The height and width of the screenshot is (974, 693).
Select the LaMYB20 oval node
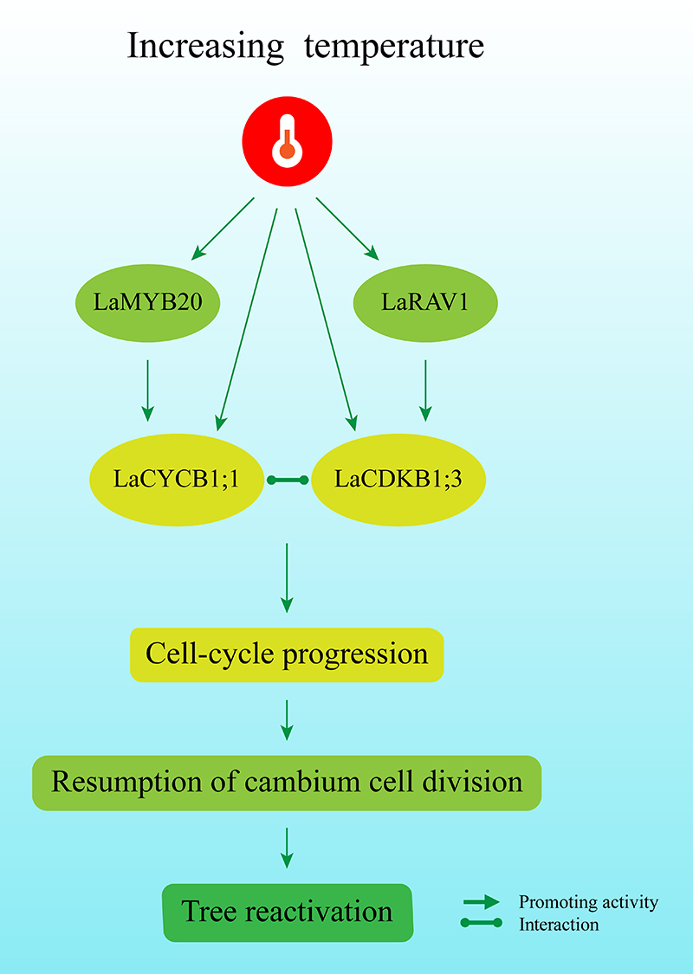click(x=147, y=302)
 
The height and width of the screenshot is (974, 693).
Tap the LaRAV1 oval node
click(x=425, y=302)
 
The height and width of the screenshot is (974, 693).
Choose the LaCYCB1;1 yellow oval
click(x=177, y=480)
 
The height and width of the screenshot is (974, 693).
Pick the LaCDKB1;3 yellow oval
click(x=398, y=480)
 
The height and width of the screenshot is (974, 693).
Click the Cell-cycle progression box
click(x=287, y=655)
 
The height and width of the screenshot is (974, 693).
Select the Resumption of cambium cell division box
click(x=287, y=783)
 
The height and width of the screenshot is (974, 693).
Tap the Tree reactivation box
click(x=288, y=913)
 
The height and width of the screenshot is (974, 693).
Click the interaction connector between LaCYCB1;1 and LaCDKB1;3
click(x=287, y=480)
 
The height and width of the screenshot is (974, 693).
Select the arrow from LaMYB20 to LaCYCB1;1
click(x=147, y=390)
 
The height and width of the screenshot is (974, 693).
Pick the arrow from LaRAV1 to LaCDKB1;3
click(x=425, y=390)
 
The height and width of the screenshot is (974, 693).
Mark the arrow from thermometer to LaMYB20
click(x=223, y=229)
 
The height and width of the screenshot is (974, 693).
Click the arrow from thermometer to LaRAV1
click(x=347, y=229)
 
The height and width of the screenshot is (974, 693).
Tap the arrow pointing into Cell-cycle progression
click(x=287, y=577)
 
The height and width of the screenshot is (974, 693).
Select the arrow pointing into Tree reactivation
click(x=287, y=848)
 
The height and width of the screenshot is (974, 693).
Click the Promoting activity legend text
click(x=588, y=902)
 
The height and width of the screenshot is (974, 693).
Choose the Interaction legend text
click(x=559, y=925)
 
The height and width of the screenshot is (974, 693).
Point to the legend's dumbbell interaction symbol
click(x=481, y=923)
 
